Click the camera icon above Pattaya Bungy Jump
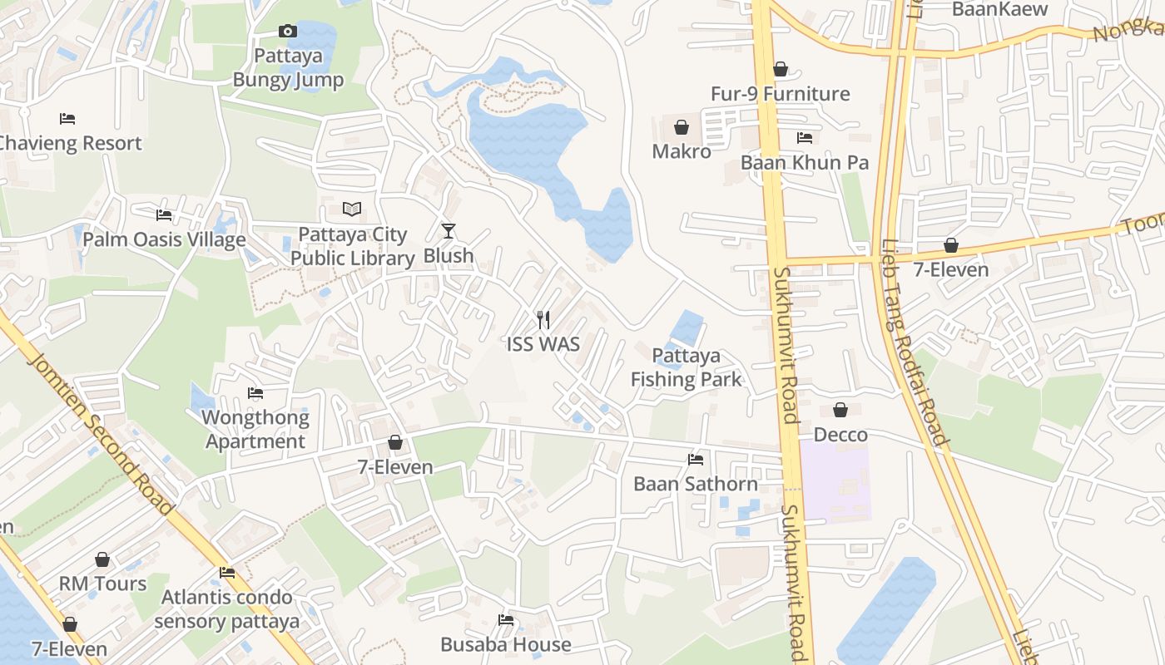click(287, 32)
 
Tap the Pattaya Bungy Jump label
click(288, 68)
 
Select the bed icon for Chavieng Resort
click(67, 119)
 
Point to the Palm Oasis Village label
click(164, 240)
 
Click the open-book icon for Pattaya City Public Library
click(352, 209)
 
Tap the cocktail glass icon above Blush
click(449, 230)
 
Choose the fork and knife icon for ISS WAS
click(543, 319)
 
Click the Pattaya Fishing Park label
click(686, 367)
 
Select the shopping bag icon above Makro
click(682, 127)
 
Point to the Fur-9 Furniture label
click(780, 94)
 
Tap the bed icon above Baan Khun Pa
click(804, 137)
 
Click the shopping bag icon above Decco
click(840, 410)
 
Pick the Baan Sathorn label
click(696, 484)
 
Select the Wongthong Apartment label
click(255, 429)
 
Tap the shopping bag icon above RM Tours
click(102, 559)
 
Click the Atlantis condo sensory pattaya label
click(227, 608)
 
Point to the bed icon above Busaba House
click(505, 620)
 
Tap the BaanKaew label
click(999, 9)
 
